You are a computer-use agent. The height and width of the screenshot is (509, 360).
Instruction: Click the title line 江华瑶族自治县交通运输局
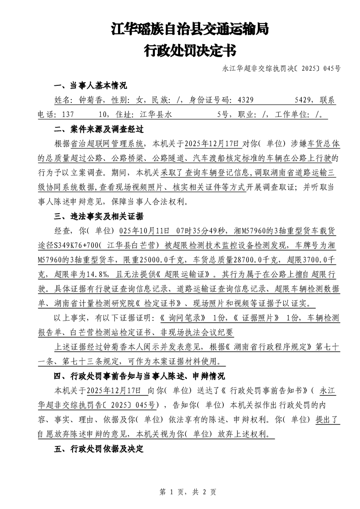coord(190,30)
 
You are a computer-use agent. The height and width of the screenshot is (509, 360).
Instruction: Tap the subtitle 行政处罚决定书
coord(190,50)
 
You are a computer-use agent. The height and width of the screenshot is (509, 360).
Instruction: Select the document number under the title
coord(281,69)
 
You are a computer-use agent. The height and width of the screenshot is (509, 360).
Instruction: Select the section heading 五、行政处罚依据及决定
coord(99,449)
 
